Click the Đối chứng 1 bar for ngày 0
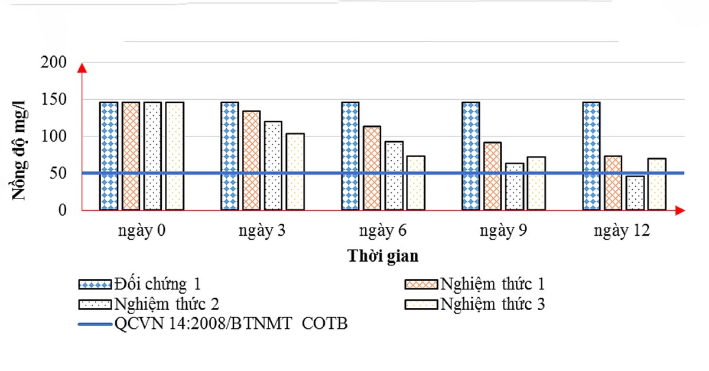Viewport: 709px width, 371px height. pyautogui.click(x=109, y=156)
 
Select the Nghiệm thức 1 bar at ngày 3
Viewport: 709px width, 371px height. pyautogui.click(x=252, y=161)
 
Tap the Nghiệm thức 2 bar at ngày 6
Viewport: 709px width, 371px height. pyautogui.click(x=394, y=175)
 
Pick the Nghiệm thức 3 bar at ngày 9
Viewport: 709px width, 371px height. pyautogui.click(x=536, y=183)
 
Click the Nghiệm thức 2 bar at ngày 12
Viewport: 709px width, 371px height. pyautogui.click(x=635, y=193)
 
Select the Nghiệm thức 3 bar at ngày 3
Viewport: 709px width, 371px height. pyautogui.click(x=295, y=172)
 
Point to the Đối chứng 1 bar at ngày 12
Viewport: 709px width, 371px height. pyautogui.click(x=591, y=156)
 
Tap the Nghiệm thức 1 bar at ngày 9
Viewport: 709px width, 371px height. pyautogui.click(x=493, y=176)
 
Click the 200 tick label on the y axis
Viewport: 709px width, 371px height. pyautogui.click(x=54, y=63)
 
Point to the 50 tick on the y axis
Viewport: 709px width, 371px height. pyautogui.click(x=58, y=174)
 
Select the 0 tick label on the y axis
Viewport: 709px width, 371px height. pyautogui.click(x=63, y=210)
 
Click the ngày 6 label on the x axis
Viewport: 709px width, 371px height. pyautogui.click(x=383, y=231)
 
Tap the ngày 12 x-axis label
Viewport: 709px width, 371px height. pyautogui.click(x=622, y=231)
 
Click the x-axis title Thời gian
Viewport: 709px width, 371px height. pyautogui.click(x=383, y=256)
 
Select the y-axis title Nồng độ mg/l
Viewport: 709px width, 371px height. pyautogui.click(x=19, y=151)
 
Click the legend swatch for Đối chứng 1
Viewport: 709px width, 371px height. pyautogui.click(x=95, y=284)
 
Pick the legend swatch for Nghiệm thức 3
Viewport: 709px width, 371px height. pyautogui.click(x=421, y=304)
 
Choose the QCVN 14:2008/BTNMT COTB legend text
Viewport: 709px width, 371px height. pyautogui.click(x=231, y=324)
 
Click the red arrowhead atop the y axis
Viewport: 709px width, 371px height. pyautogui.click(x=82, y=68)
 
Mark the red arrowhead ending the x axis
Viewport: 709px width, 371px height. pyautogui.click(x=680, y=210)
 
